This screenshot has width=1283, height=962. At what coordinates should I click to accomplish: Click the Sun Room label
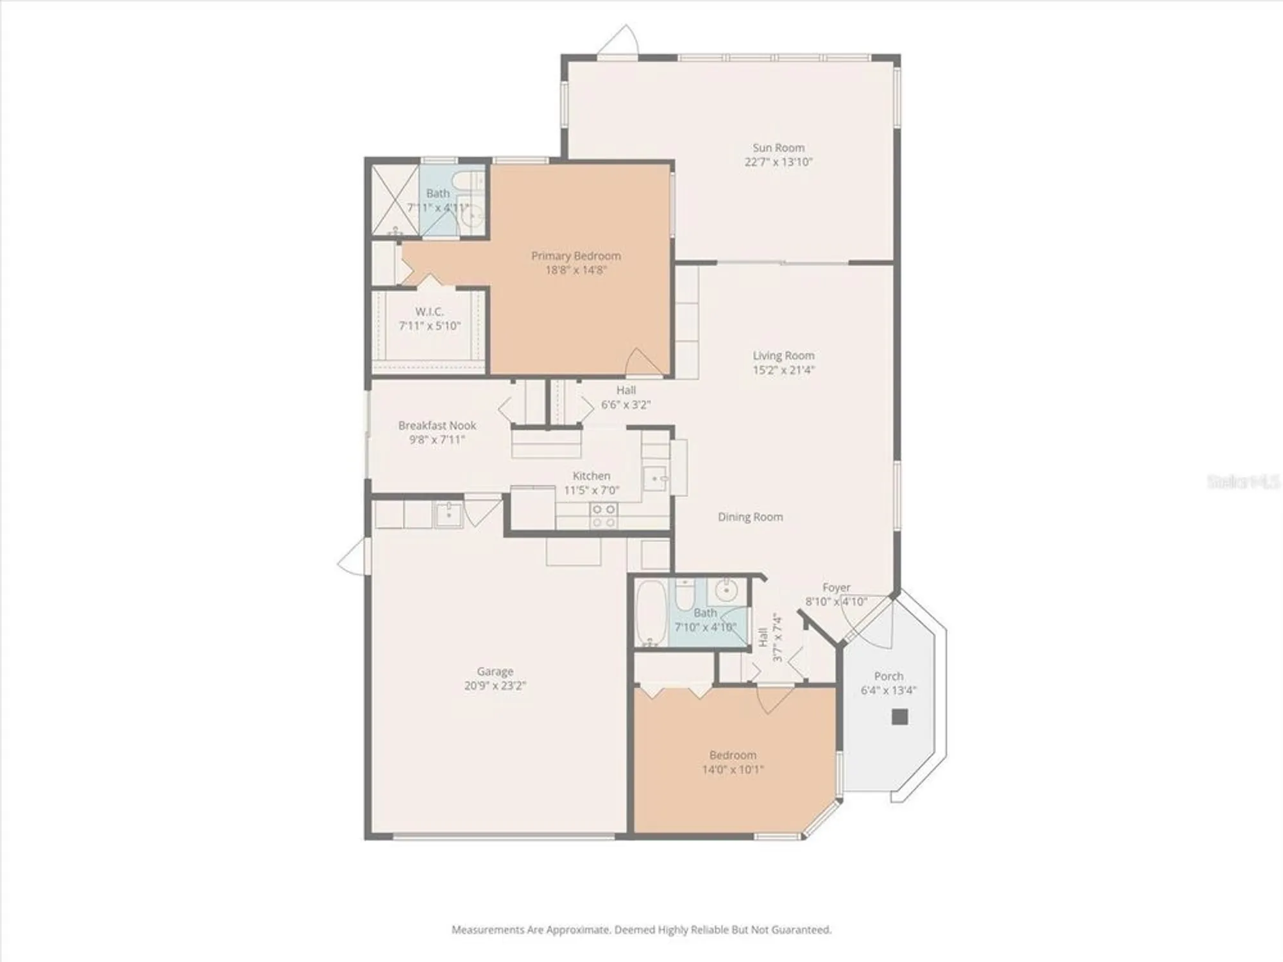tap(778, 148)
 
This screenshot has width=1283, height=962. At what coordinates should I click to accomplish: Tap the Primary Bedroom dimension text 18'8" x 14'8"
tap(575, 270)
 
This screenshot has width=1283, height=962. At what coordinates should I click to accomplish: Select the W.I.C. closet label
tap(429, 312)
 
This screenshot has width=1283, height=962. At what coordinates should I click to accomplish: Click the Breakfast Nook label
tap(437, 425)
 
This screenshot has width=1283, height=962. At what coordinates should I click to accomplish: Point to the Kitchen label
tap(591, 476)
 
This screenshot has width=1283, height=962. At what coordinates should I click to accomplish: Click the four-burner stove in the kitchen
tap(604, 516)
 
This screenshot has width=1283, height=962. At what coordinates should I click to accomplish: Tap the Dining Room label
tap(750, 517)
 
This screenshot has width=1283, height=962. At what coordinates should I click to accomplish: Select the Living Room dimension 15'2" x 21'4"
tap(783, 370)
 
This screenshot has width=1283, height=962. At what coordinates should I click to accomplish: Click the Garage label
tap(495, 671)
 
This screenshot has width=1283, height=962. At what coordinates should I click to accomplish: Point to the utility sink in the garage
tap(448, 514)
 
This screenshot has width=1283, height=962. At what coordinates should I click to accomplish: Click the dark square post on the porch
tap(899, 716)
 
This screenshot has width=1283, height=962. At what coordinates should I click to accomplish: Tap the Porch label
tap(888, 676)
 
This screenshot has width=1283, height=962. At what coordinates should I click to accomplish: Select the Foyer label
tap(836, 587)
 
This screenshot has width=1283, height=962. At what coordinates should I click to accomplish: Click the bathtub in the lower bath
tap(651, 612)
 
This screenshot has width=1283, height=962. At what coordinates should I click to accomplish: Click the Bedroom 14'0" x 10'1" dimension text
tap(733, 769)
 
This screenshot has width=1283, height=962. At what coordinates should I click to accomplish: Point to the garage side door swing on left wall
tap(353, 556)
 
